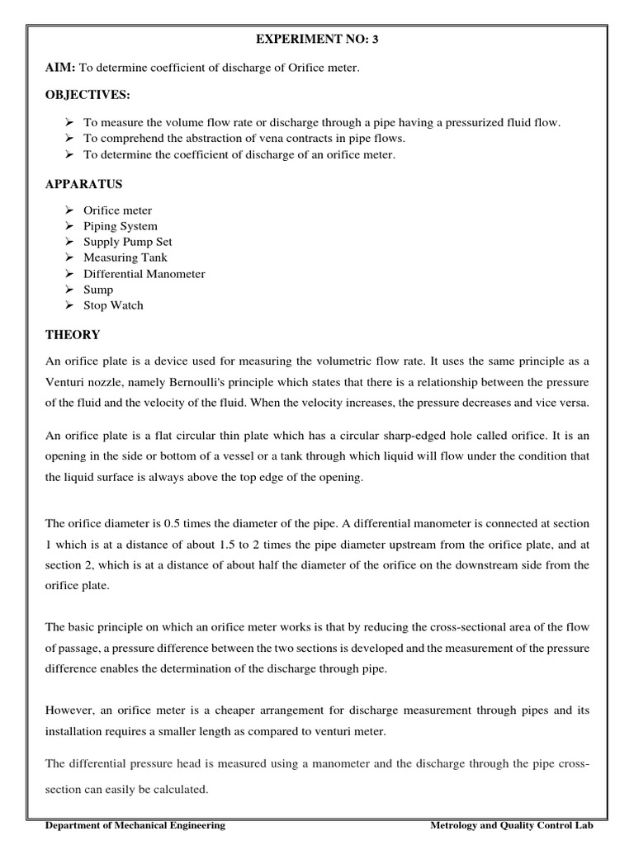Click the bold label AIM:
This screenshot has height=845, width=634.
coord(60,67)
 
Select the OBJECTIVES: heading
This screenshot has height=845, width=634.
coord(88,95)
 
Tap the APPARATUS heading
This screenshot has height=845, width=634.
coord(83,183)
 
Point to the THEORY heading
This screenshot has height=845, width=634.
coord(73,335)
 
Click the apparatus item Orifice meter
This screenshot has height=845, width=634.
coord(117,210)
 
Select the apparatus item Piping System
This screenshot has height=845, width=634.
coord(120,226)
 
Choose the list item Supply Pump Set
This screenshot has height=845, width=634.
coord(127,242)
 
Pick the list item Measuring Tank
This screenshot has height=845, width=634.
coord(125,257)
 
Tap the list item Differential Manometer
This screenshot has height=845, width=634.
coord(144,273)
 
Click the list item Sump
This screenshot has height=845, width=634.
coord(98,290)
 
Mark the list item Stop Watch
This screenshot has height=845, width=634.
coord(113,305)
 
